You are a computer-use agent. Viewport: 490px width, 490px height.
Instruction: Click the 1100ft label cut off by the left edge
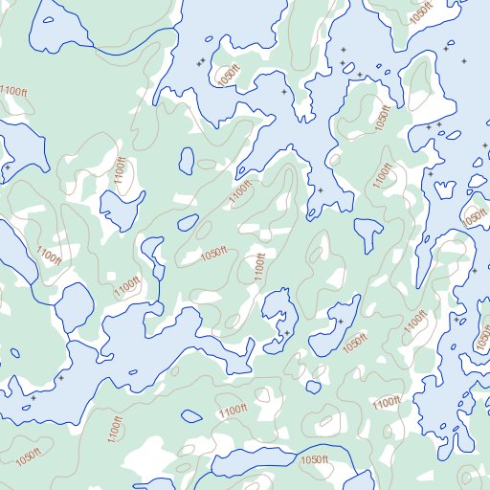12,91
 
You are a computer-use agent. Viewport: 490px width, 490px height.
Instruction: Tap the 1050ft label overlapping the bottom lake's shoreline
315,461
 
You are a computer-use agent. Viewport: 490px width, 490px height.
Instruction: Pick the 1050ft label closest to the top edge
421,15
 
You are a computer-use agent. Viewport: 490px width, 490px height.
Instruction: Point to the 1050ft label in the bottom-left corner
29,456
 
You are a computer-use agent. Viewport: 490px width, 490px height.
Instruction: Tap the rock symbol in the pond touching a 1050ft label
341,322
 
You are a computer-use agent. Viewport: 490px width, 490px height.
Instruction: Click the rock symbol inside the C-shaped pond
286,332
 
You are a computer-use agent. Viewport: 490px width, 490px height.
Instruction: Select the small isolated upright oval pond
188,161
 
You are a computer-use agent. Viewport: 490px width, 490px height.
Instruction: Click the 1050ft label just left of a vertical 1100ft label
214,253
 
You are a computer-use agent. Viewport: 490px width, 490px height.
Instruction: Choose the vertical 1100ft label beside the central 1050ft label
257,265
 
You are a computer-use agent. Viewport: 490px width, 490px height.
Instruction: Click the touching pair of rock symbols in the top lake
200,62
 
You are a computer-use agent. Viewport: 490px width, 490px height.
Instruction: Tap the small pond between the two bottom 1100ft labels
191,416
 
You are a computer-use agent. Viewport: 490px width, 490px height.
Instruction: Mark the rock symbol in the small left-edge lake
8,167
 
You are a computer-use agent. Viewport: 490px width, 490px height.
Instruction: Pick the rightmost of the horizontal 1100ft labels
386,403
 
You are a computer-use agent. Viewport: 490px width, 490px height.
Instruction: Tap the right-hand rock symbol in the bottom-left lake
61,378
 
